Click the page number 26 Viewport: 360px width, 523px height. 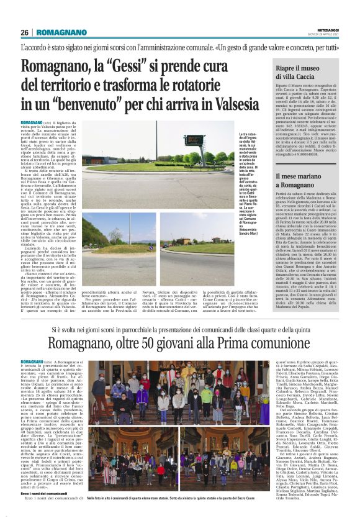click(25, 32)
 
